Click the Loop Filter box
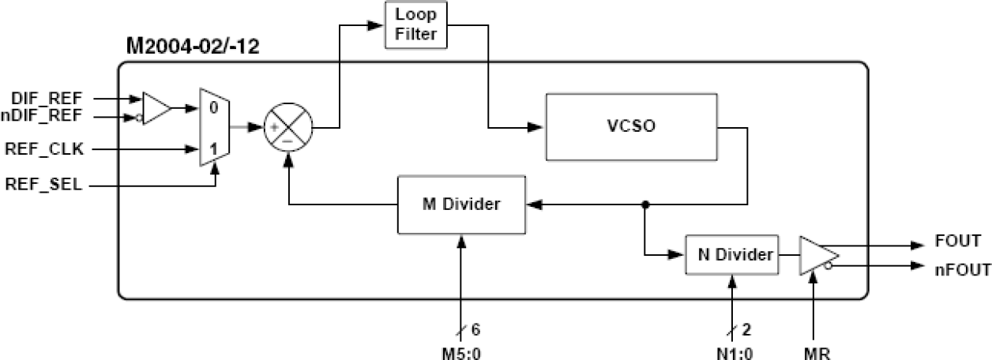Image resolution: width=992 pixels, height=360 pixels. pos(415,25)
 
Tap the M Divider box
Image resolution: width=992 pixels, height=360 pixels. pos(460,204)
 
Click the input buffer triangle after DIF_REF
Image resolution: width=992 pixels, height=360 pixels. pos(154,107)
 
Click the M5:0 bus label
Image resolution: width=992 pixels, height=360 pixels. pos(460,353)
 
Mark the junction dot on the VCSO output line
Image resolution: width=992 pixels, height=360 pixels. pos(645,204)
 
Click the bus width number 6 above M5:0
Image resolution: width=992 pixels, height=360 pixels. pos(475,329)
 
